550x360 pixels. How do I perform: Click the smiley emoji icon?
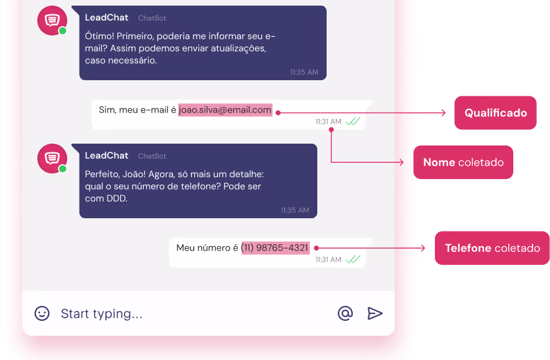(x=42, y=313)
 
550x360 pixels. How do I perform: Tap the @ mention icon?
(x=345, y=313)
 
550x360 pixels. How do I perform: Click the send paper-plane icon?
(x=375, y=313)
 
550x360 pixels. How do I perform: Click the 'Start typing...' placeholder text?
(x=101, y=314)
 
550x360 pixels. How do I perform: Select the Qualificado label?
(x=495, y=113)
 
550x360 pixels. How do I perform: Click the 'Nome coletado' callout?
(x=464, y=162)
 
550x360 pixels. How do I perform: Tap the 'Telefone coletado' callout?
(x=492, y=248)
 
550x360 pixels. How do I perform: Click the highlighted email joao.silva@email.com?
(x=225, y=110)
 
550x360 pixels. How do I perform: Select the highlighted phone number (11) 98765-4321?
(x=275, y=247)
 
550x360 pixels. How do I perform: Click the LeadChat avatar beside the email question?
(x=52, y=21)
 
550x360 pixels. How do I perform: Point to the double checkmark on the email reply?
(x=353, y=122)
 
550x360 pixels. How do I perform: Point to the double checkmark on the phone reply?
(x=353, y=259)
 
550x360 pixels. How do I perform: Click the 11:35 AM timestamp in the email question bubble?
(x=304, y=72)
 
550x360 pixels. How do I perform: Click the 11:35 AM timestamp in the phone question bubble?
(x=294, y=210)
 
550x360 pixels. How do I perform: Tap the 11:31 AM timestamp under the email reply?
(x=328, y=122)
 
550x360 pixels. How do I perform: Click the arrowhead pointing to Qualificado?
(x=443, y=113)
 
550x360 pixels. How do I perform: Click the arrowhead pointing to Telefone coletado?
(x=423, y=248)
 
